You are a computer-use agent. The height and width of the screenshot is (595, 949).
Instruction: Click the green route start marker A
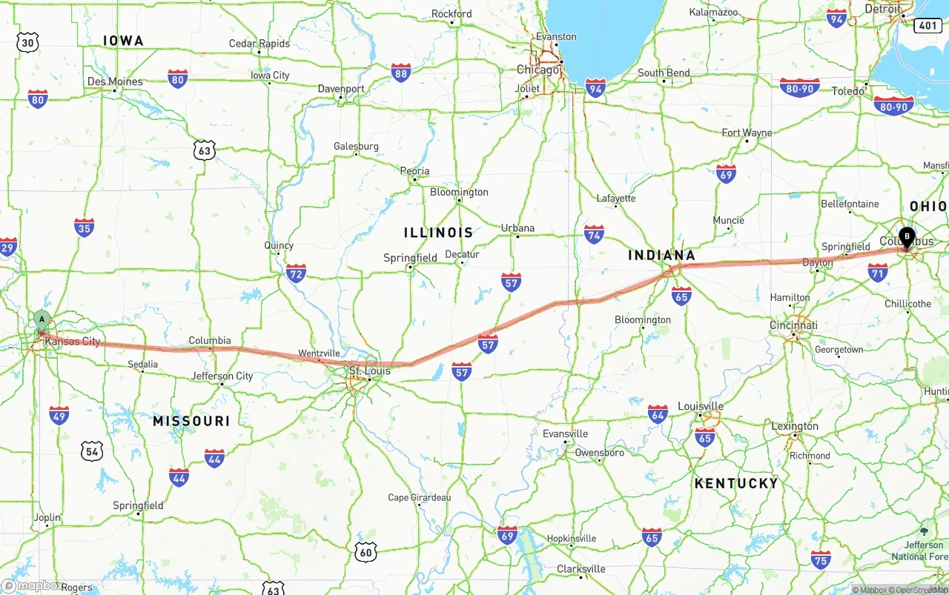point(42,321)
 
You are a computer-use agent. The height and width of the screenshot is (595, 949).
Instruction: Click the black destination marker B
point(906,237)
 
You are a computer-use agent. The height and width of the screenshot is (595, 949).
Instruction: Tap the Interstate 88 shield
point(401,73)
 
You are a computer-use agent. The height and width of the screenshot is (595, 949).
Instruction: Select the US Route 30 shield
point(27,42)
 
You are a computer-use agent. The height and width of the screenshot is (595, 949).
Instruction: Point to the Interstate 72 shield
point(296,273)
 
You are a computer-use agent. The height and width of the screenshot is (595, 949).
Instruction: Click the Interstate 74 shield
point(594,235)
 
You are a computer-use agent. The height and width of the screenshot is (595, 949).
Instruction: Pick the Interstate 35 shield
point(85,227)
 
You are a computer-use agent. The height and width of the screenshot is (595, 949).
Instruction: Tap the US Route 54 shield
point(92,451)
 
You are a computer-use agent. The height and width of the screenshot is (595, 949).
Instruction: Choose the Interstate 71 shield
point(878,272)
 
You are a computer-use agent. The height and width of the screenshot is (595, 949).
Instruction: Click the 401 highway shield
point(927,26)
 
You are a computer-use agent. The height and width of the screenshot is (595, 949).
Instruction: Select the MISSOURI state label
point(191,421)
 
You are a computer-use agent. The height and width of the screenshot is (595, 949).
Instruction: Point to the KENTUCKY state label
point(736,483)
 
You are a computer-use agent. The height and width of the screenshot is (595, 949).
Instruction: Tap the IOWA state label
point(123,41)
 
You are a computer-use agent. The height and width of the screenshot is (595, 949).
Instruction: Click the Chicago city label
point(538,70)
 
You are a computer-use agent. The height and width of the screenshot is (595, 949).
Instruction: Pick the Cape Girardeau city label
point(419,497)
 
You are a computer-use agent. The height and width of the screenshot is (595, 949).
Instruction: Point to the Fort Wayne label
point(747,133)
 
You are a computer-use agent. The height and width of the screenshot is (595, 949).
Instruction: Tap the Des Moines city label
point(115,82)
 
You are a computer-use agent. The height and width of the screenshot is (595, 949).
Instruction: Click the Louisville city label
point(701,406)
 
